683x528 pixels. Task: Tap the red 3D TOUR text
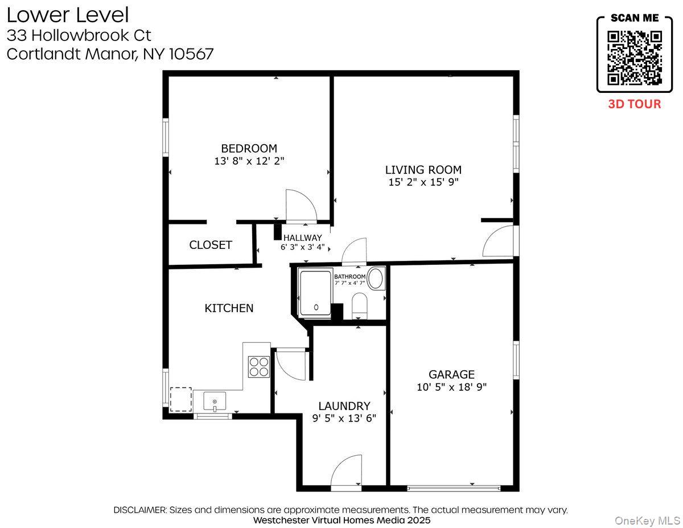pos(635,104)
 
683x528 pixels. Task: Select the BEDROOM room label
pos(249,149)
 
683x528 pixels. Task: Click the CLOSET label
pos(211,245)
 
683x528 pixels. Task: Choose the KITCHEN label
pos(229,308)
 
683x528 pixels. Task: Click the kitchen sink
pos(215,401)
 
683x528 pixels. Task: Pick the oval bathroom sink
pos(376,279)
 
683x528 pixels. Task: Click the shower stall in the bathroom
pos(315,292)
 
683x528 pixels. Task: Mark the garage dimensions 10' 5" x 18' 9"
pos(451,387)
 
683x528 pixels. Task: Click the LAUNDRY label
pos(344,406)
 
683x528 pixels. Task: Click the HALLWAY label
pos(302,238)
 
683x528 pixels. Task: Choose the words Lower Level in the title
pos(68,15)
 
